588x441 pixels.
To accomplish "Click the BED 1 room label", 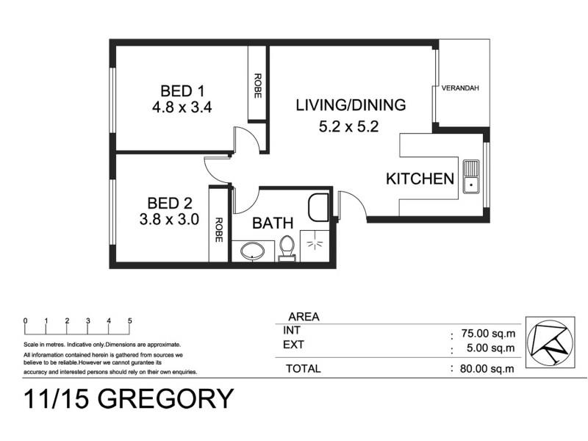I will click(x=182, y=91).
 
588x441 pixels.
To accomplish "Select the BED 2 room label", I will click(x=169, y=203).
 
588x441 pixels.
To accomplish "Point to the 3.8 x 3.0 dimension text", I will click(x=169, y=219).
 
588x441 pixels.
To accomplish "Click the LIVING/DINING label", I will click(x=350, y=105).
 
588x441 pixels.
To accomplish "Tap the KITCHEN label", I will click(x=420, y=179).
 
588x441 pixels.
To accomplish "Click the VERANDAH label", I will click(x=460, y=89).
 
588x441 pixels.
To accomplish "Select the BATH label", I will click(x=273, y=223).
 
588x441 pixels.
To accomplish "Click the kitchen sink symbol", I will click(x=470, y=177).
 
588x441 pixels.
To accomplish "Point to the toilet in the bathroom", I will click(x=287, y=248).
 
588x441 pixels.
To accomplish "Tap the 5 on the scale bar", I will click(x=130, y=320).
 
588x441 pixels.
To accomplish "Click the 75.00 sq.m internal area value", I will click(x=487, y=332).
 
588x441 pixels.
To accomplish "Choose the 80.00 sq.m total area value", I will click(x=487, y=369).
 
